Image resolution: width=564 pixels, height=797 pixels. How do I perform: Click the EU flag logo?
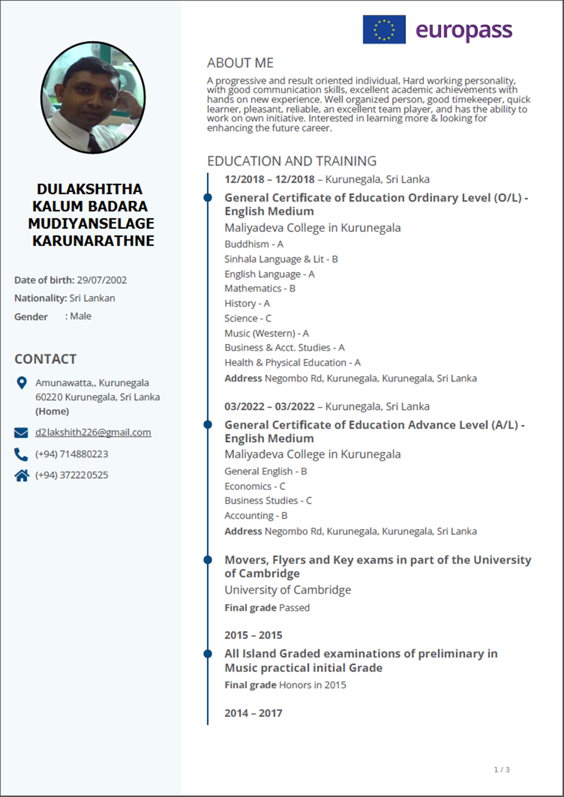point(384,30)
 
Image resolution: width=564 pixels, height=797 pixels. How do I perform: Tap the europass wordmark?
point(464,31)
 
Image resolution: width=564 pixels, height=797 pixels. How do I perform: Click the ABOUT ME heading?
point(240,63)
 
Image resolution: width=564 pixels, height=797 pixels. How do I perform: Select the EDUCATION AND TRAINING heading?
point(291,161)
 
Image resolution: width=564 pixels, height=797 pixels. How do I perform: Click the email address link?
point(93,432)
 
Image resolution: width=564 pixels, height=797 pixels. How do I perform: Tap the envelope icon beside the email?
point(21,433)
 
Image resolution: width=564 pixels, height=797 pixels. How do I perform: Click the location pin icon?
point(22,383)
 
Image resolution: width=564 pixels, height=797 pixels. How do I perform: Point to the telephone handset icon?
point(21,454)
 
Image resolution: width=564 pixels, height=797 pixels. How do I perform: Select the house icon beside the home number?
point(22,476)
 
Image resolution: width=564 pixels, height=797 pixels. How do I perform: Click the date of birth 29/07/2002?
point(102,280)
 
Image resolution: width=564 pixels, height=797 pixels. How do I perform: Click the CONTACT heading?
point(45,359)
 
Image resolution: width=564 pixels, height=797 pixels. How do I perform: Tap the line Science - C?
point(248,318)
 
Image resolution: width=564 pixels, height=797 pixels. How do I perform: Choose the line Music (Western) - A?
point(267,333)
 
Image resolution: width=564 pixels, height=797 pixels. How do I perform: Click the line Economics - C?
point(255,486)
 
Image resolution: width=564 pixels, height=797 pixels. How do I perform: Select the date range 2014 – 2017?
point(253,713)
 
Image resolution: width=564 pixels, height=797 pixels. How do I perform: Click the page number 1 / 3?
point(501,769)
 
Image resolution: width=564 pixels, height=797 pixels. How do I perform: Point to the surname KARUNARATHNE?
point(93,241)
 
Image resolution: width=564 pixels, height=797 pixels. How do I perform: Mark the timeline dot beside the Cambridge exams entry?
point(208,560)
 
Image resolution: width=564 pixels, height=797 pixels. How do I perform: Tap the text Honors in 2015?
point(312,685)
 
